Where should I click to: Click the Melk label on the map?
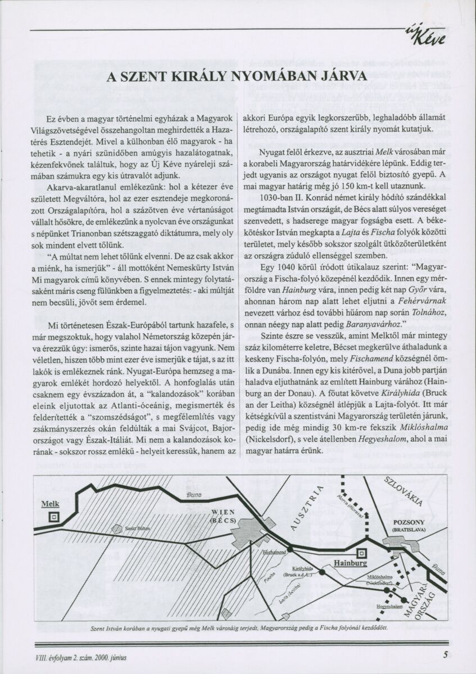click(x=51, y=504)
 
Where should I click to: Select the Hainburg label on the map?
click(x=350, y=562)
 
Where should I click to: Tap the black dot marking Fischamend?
click(x=290, y=548)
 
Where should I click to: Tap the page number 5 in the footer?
click(x=445, y=654)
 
